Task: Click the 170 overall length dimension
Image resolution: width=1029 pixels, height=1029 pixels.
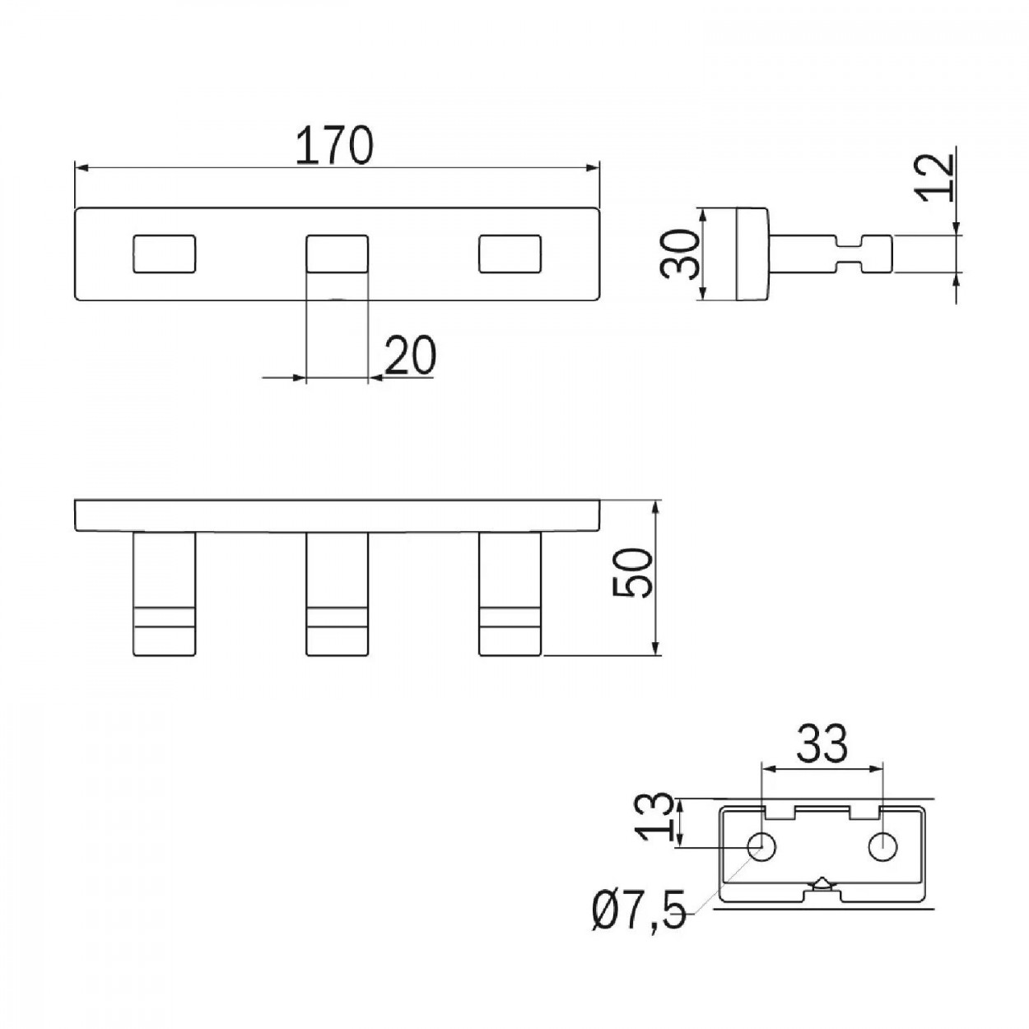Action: pyautogui.click(x=333, y=145)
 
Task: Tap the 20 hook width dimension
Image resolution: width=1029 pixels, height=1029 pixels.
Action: pyautogui.click(x=410, y=355)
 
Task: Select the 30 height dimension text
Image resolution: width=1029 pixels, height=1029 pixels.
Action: pyautogui.click(x=679, y=254)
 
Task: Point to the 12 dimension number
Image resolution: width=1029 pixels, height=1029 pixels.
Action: pyautogui.click(x=937, y=178)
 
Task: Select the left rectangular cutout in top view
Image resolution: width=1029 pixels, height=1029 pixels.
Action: pyautogui.click(x=164, y=254)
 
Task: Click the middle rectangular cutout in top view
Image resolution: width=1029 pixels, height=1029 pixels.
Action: pyautogui.click(x=337, y=254)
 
